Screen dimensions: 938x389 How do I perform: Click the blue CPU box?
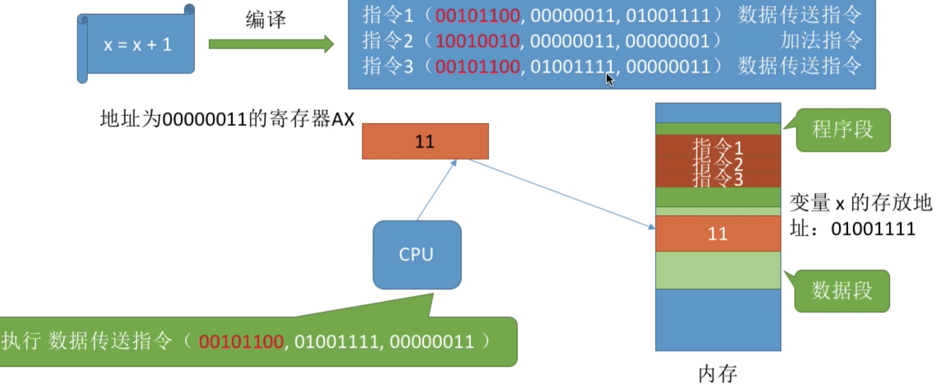[x=417, y=254]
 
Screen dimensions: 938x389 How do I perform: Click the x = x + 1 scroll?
[x=136, y=44]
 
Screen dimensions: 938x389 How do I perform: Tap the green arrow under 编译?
[x=271, y=44]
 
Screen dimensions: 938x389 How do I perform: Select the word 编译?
[x=265, y=20]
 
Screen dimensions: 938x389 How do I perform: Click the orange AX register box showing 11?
[x=425, y=141]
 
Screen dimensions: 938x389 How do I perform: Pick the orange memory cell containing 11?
[x=718, y=233]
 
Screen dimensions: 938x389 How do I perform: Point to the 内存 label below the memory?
[x=717, y=374]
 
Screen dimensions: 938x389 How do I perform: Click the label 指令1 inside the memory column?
[x=717, y=146]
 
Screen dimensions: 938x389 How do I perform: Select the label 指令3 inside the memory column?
[x=717, y=179]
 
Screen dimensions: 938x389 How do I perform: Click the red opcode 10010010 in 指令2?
[x=477, y=41]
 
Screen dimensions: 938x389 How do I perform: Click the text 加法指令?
[x=821, y=40]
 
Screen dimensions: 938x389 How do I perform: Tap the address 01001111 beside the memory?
[x=873, y=229]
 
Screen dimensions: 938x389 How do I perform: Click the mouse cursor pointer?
[x=610, y=80]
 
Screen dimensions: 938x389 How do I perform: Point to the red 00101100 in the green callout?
[x=241, y=342]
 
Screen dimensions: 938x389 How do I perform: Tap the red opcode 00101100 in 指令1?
[x=477, y=15]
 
